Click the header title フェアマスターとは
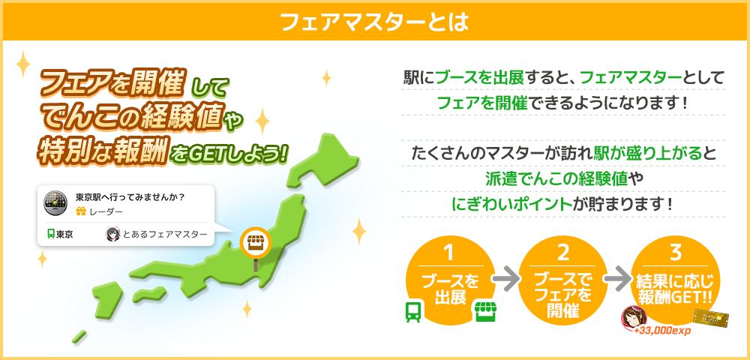click(x=374, y=22)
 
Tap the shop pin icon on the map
click(x=256, y=243)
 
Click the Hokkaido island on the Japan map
click(x=325, y=161)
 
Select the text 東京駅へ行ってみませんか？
click(x=130, y=197)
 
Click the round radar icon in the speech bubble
click(x=55, y=202)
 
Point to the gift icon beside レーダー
click(x=81, y=211)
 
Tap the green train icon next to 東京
click(x=51, y=234)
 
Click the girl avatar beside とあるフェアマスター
click(x=113, y=234)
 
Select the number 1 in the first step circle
click(x=448, y=253)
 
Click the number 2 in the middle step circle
click(x=563, y=253)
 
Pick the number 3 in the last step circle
click(x=676, y=253)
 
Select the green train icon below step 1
click(x=412, y=312)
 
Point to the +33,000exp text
click(x=662, y=330)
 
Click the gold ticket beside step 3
click(x=711, y=319)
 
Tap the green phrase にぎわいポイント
click(x=511, y=204)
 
